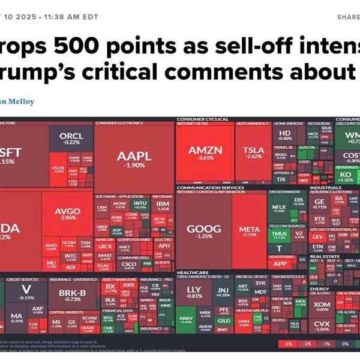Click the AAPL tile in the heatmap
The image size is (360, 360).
[x=134, y=160]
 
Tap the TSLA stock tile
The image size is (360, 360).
[x=253, y=154]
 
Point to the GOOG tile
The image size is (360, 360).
[x=204, y=232]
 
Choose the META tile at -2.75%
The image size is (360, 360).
[x=249, y=232]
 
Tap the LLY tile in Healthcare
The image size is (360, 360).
[x=194, y=292]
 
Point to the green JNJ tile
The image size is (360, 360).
[x=223, y=292]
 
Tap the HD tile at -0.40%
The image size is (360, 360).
[x=286, y=135]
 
